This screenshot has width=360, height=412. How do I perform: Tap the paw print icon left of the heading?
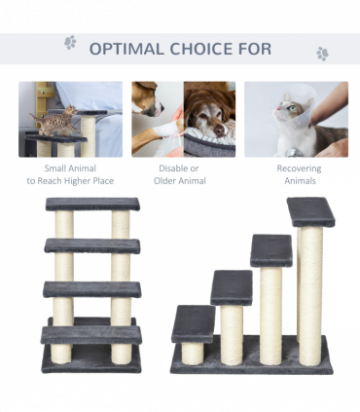(x=70, y=43)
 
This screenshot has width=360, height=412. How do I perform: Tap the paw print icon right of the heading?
(x=322, y=54)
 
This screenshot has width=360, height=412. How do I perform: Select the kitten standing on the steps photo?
(x=48, y=119)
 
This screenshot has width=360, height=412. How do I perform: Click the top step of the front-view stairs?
(x=92, y=205)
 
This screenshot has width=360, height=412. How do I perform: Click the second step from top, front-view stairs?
(x=92, y=245)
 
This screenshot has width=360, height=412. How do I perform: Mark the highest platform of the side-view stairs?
(x=310, y=211)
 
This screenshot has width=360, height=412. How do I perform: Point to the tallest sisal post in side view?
(x=310, y=292)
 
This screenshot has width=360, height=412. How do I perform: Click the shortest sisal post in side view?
(x=194, y=352)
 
